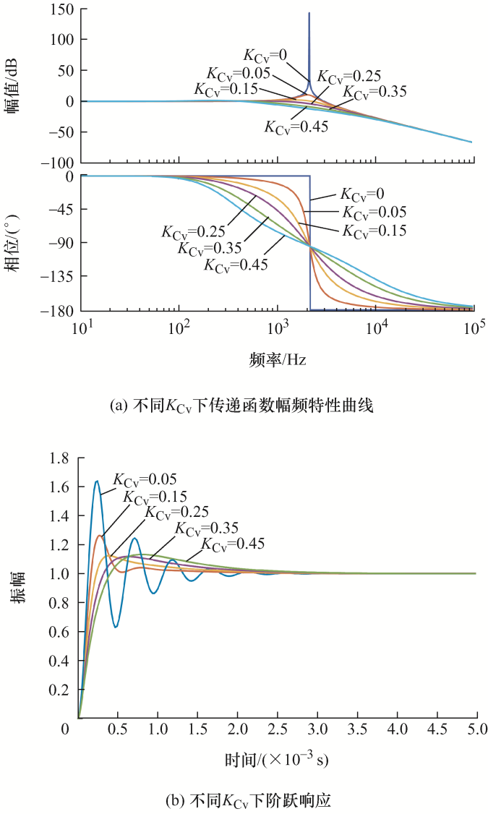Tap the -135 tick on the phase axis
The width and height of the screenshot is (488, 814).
coord(62,276)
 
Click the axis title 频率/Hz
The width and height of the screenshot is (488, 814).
coord(278,359)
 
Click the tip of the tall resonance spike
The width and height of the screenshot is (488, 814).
coord(309,13)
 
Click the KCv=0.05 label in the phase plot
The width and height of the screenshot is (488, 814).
coord(374,212)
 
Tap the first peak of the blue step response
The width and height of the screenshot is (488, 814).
coord(97,481)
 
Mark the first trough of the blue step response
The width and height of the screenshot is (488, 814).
coord(116,627)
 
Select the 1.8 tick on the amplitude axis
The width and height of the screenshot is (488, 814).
coord(59,458)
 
